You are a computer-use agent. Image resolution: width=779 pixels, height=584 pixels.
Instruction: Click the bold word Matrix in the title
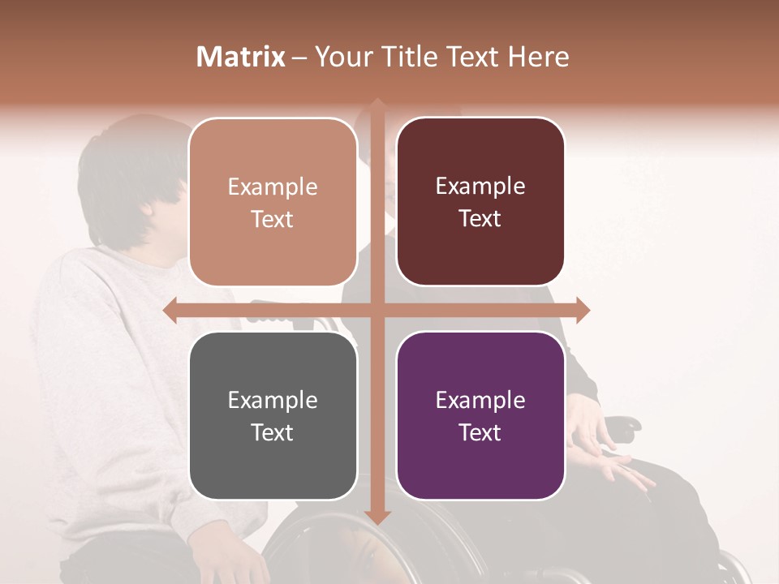pyautogui.click(x=241, y=57)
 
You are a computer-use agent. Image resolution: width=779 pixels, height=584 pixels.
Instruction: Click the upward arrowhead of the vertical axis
pyautogui.click(x=377, y=105)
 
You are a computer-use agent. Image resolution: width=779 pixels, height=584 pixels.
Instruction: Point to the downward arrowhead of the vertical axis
pyautogui.click(x=377, y=517)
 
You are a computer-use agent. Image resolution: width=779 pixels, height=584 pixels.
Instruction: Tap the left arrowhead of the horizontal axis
pyautogui.click(x=170, y=311)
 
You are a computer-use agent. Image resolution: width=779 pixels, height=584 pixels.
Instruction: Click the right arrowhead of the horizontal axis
pyautogui.click(x=583, y=311)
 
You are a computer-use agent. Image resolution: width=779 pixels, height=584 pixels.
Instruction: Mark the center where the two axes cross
pyautogui.click(x=377, y=311)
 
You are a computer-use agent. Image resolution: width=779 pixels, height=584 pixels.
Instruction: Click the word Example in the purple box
pyautogui.click(x=480, y=400)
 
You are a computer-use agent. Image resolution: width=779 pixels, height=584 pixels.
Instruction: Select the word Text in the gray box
pyautogui.click(x=272, y=432)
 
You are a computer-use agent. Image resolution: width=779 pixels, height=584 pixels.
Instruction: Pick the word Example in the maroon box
pyautogui.click(x=480, y=187)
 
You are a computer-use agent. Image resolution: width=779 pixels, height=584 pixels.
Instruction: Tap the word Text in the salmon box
pyautogui.click(x=272, y=219)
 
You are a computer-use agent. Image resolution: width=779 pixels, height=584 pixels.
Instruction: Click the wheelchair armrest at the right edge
pyautogui.click(x=625, y=423)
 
